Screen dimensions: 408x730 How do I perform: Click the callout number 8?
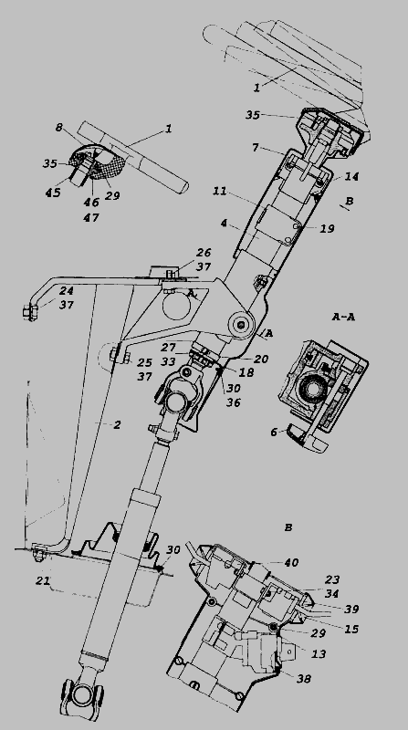pyautogui.click(x=59, y=127)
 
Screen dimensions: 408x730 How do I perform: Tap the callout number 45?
pyautogui.click(x=53, y=193)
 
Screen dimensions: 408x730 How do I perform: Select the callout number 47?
pyautogui.click(x=91, y=217)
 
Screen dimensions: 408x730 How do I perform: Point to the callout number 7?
pyautogui.click(x=256, y=148)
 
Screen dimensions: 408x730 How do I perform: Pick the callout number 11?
pyautogui.click(x=219, y=191)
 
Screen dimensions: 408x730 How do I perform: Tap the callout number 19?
pyautogui.click(x=328, y=229)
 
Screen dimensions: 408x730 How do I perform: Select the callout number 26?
pyautogui.click(x=204, y=253)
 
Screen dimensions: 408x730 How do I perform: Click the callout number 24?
pyautogui.click(x=67, y=290)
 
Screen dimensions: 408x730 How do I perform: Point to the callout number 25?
pyautogui.click(x=145, y=361)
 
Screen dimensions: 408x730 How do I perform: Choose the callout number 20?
pyautogui.click(x=261, y=359)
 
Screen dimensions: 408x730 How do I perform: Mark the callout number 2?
pyautogui.click(x=118, y=424)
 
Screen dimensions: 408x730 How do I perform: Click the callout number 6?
pyautogui.click(x=274, y=432)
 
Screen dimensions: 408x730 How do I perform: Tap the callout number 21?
pyautogui.click(x=43, y=580)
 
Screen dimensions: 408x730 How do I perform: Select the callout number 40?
pyautogui.click(x=291, y=563)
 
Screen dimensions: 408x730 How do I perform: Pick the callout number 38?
pyautogui.click(x=304, y=678)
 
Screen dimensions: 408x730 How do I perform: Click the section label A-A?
pyautogui.click(x=344, y=317)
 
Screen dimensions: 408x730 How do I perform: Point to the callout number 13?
pyautogui.click(x=319, y=653)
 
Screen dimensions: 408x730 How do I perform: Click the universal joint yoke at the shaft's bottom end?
pyautogui.click(x=83, y=693)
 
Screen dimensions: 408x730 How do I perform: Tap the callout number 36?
pyautogui.click(x=234, y=401)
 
